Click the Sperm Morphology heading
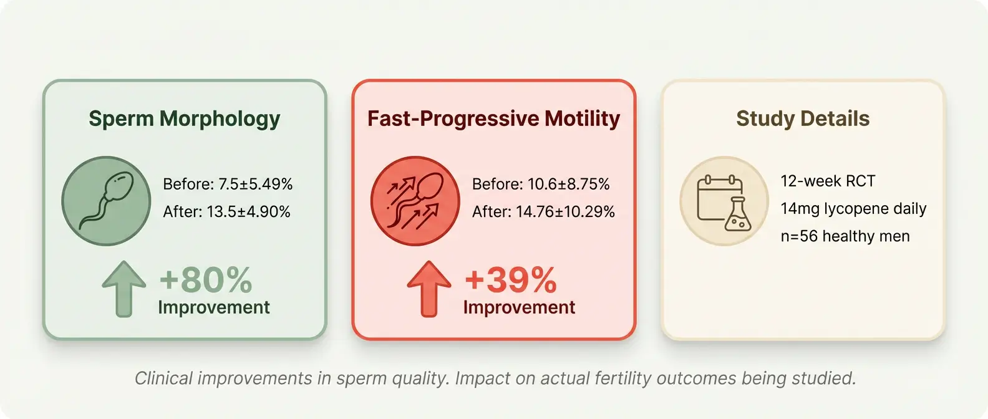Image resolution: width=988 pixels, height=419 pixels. click(x=184, y=118)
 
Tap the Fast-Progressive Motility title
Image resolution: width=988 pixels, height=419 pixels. click(x=493, y=118)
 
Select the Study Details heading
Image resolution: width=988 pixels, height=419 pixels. click(x=803, y=118)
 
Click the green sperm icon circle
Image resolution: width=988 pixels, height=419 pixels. click(x=106, y=201)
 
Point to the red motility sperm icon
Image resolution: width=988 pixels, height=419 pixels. click(x=415, y=201)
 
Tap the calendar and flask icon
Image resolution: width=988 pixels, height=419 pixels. click(x=724, y=201)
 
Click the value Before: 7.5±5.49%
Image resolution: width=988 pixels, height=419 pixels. click(x=228, y=185)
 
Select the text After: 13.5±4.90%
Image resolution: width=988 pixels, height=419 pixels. click(x=226, y=212)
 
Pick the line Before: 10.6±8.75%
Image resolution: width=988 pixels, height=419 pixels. click(x=541, y=185)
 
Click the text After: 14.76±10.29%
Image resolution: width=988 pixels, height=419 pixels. click(x=543, y=212)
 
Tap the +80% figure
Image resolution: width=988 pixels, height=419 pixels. click(x=206, y=280)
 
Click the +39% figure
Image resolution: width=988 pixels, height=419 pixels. click(x=511, y=280)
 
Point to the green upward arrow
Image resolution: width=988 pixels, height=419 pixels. click(x=124, y=287)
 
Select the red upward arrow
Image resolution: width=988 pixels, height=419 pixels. click(x=429, y=287)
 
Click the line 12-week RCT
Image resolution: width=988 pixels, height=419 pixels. click(x=828, y=181)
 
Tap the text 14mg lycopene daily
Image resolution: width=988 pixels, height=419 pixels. click(x=853, y=209)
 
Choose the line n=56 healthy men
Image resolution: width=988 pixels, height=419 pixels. click(x=845, y=236)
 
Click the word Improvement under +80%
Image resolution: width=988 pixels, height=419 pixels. click(x=214, y=307)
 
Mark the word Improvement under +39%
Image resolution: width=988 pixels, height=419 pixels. click(x=519, y=307)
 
